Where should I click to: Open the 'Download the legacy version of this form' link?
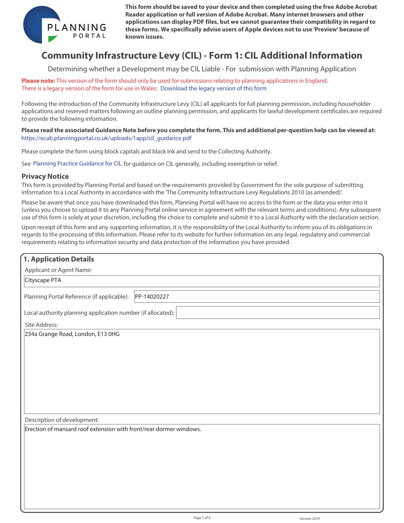213,88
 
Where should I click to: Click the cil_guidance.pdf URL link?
106,138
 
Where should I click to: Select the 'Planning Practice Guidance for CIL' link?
77,164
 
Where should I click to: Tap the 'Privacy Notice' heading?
45,177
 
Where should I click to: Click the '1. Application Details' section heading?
59,259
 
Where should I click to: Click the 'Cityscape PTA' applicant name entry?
43,280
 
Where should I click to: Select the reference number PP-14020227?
152,297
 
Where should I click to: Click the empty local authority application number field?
278,313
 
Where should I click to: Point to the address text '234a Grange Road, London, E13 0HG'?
72,334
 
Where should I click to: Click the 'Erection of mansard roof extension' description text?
113,429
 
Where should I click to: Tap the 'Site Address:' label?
42,325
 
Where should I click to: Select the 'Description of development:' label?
62,420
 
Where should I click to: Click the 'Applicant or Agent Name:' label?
58,270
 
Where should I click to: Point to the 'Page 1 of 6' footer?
202,518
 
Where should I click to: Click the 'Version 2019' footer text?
310,519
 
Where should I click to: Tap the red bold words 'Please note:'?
38,81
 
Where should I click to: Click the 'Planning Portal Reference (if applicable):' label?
76,297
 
